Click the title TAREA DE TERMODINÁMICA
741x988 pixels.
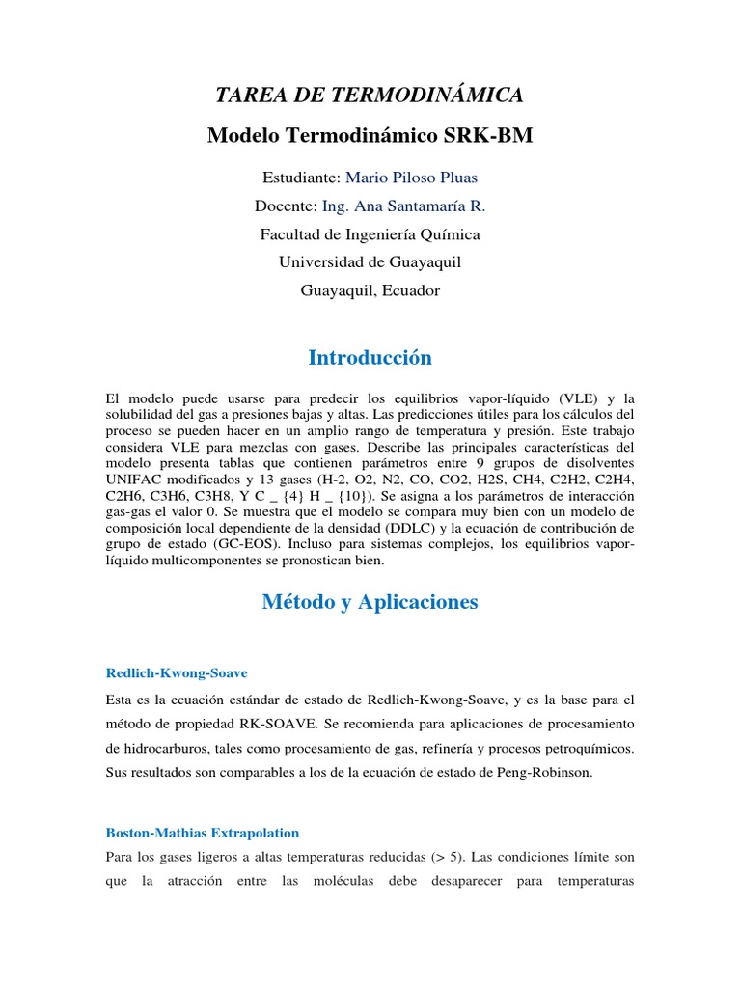[x=370, y=95]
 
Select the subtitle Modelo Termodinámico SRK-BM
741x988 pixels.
[x=370, y=136]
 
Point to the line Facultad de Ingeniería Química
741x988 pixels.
[x=370, y=234]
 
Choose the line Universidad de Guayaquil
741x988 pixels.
[x=370, y=262]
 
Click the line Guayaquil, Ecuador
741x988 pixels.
[x=370, y=290]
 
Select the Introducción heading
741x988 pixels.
[x=370, y=358]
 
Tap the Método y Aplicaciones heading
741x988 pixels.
[x=370, y=602]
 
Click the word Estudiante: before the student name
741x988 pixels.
[x=301, y=178]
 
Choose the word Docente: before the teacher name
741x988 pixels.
[x=286, y=206]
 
